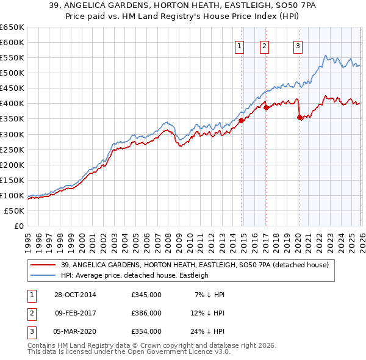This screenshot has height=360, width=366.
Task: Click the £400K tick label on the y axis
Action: [x=12, y=103]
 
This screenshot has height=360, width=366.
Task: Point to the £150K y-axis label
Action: [x=12, y=180]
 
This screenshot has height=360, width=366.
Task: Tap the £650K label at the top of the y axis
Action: [x=12, y=27]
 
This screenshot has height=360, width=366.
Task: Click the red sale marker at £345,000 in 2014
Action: [x=241, y=120]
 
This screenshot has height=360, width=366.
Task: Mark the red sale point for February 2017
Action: [x=266, y=107]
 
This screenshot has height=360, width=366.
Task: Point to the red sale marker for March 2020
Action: [x=300, y=117]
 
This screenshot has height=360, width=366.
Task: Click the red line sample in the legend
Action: [x=44, y=265]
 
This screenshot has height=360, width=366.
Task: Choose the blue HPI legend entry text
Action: [x=135, y=275]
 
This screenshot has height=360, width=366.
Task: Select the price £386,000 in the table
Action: [x=146, y=313]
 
